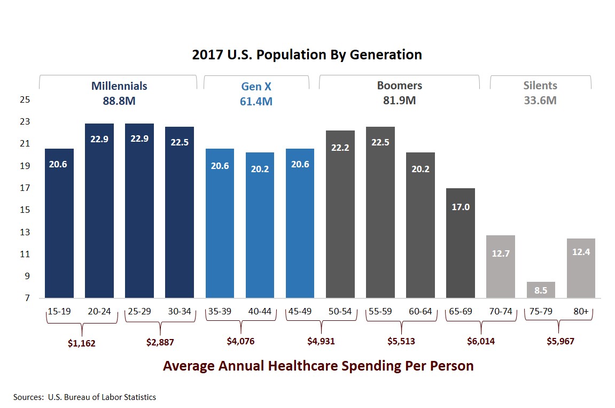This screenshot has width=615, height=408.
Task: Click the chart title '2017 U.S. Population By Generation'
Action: click(307, 55)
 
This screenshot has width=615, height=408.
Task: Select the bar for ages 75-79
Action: click(541, 290)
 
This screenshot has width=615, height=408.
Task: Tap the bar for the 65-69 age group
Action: click(461, 243)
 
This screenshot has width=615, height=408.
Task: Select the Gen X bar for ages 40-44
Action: click(260, 225)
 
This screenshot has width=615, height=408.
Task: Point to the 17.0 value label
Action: click(461, 207)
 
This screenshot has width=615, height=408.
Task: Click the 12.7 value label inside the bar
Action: click(501, 253)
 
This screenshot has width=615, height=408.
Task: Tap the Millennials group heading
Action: click(119, 86)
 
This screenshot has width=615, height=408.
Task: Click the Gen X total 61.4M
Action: click(256, 101)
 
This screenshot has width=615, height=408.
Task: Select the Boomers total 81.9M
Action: click(399, 100)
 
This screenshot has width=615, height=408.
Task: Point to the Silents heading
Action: click(540, 86)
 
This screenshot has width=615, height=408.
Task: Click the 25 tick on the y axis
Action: click(25, 100)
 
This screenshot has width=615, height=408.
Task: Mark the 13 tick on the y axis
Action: click(25, 232)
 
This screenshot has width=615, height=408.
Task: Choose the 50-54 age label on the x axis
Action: click(340, 311)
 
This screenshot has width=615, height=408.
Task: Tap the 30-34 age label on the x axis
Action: click(180, 311)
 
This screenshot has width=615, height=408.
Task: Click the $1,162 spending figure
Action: click(81, 343)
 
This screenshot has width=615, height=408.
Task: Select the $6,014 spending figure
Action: click(480, 341)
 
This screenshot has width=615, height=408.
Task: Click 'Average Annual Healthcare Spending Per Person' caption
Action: click(318, 366)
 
